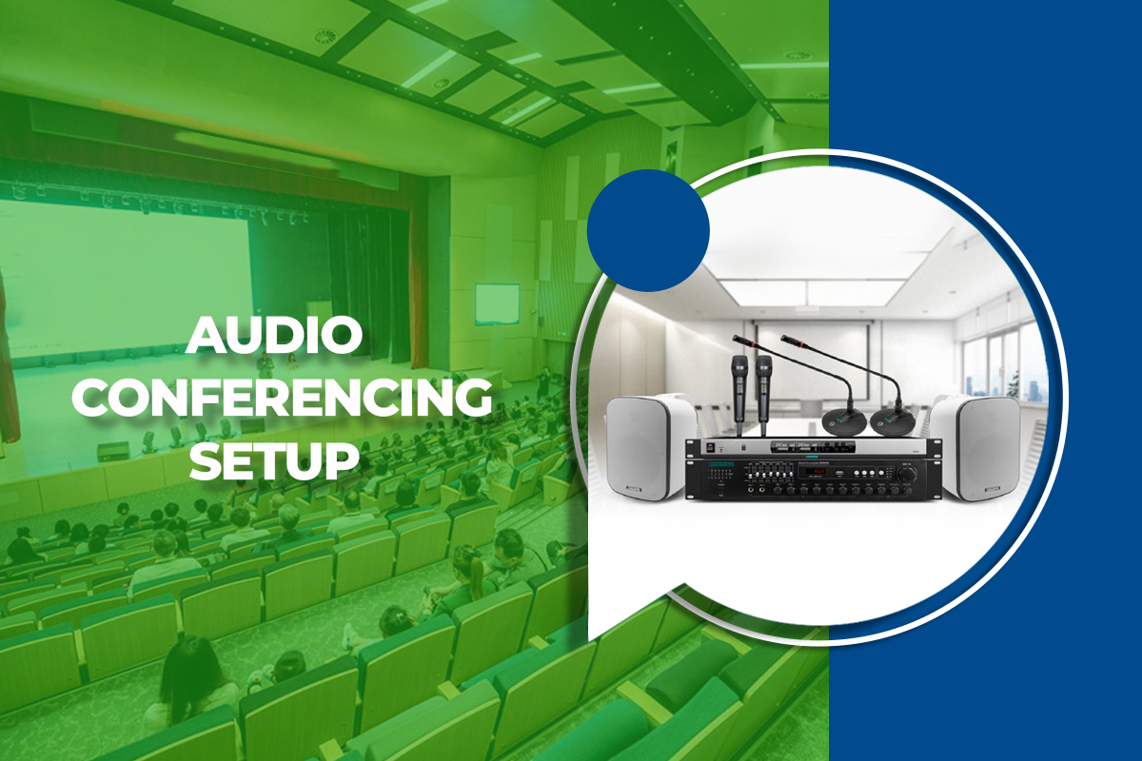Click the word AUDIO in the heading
(x=274, y=339)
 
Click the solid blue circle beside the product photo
(x=649, y=230)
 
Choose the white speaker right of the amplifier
(x=974, y=445)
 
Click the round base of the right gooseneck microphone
(x=892, y=422)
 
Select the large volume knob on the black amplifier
(x=910, y=473)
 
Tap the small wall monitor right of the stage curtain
(x=498, y=303)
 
